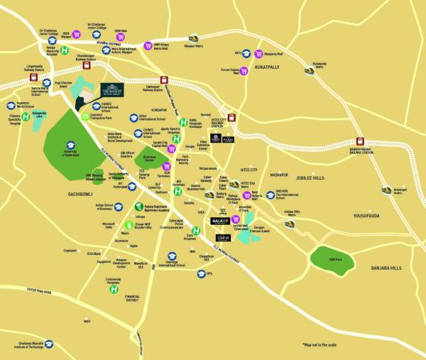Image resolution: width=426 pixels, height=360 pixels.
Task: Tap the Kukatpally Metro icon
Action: coord(310,70)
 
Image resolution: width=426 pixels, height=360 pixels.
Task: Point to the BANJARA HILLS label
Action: coord(386,268)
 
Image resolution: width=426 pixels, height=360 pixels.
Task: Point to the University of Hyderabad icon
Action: coord(69,143)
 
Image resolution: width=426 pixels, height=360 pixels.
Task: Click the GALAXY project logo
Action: coord(220,222)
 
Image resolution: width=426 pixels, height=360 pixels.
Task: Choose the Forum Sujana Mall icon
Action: coord(244,70)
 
